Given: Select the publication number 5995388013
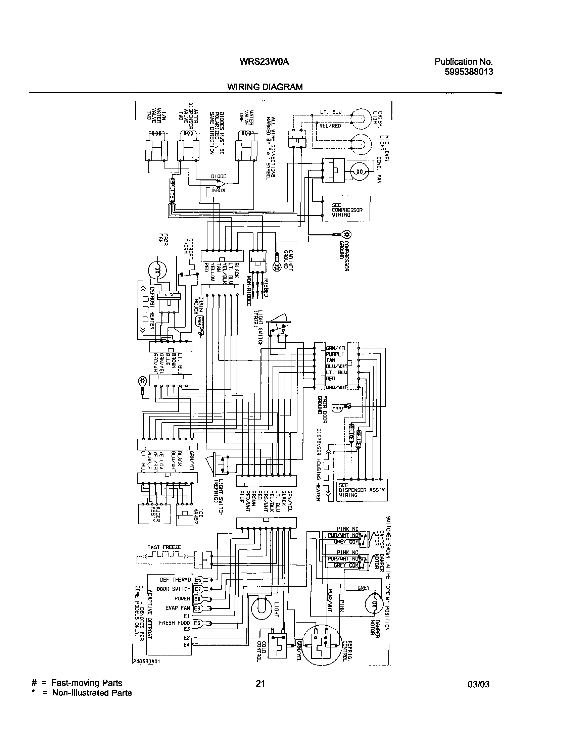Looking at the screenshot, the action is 469,72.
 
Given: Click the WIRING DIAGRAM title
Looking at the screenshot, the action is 265,87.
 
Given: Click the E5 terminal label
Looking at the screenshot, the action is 198,580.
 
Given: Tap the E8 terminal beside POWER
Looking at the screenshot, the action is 197,599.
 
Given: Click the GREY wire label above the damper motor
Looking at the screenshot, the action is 363,588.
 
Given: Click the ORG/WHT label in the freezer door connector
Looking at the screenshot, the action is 336,387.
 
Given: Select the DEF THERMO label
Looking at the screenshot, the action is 175,580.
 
